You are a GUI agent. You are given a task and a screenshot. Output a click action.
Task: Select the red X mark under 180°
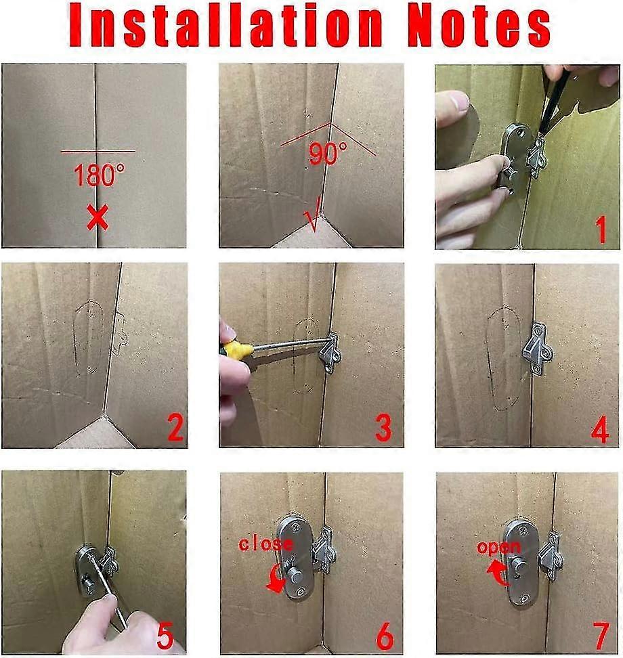(x=98, y=218)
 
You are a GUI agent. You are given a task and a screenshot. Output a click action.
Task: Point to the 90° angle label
(x=327, y=154)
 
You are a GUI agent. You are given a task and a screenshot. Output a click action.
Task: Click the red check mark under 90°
(x=312, y=220)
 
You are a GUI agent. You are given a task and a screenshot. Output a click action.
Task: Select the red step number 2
(x=175, y=429)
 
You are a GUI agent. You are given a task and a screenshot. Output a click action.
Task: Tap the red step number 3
(x=383, y=429)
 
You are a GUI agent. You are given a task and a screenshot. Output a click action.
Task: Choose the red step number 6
(x=384, y=636)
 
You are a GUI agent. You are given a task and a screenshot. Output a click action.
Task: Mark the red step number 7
(x=599, y=636)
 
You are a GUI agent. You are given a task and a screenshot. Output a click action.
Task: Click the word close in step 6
(x=266, y=544)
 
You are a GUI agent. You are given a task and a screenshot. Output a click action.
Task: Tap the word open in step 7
(x=498, y=547)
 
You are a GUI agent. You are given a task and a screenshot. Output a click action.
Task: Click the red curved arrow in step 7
(x=498, y=574)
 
